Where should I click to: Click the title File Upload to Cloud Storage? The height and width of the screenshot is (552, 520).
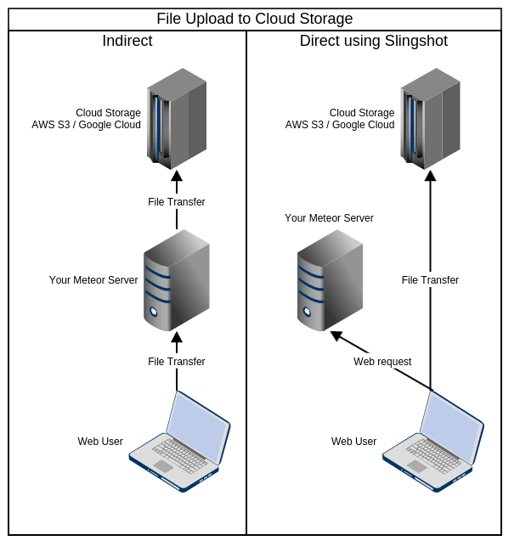[x=254, y=19]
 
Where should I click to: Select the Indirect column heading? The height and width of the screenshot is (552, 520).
[x=127, y=41]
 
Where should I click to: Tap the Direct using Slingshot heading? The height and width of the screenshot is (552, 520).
[x=374, y=41]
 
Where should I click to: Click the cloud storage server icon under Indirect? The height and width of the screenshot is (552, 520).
[x=177, y=119]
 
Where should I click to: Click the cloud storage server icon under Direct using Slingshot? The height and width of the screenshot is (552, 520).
[x=430, y=119]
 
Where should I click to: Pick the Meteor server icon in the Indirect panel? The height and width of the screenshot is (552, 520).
[x=177, y=280]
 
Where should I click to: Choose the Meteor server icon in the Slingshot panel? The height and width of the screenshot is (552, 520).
[x=331, y=280]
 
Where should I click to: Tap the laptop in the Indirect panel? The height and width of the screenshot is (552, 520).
[x=179, y=442]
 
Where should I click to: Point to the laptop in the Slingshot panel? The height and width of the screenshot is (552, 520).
[x=433, y=442]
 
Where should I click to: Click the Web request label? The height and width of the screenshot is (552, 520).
[x=382, y=362]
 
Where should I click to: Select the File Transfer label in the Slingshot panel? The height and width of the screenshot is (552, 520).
[x=430, y=280]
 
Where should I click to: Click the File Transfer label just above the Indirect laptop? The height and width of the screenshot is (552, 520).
[x=177, y=362]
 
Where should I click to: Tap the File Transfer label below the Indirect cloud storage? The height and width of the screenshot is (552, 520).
[x=177, y=202]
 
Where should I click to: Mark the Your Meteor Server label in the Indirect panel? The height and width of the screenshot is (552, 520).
[x=93, y=280]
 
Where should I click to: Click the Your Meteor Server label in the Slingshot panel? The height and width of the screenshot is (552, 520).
[x=329, y=218]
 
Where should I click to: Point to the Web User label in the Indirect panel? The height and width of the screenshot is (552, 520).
[x=100, y=442]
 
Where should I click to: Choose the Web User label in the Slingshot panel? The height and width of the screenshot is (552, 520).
[x=354, y=442]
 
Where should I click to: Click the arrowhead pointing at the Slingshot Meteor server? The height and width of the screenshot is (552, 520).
[x=336, y=335]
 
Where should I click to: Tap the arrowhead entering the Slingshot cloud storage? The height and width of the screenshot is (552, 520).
[x=430, y=175]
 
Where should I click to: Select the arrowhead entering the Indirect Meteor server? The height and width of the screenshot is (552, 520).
[x=177, y=337]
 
